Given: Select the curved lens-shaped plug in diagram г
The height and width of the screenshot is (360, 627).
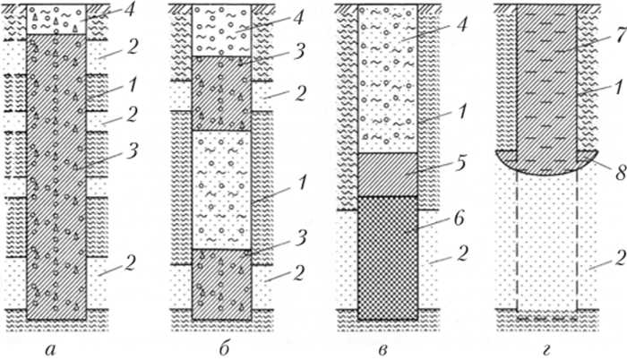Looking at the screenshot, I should pyautogui.click(x=547, y=162).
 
